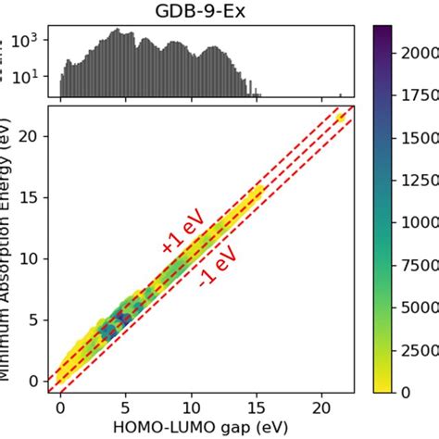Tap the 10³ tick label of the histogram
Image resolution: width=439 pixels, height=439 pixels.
(x=28, y=41)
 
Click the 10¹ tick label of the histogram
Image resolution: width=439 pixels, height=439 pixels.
(x=28, y=76)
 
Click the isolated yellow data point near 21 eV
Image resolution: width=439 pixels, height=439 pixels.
(x=341, y=118)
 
